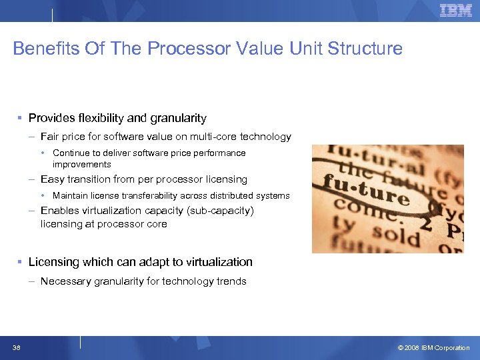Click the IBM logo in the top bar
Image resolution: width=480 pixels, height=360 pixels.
(x=455, y=10)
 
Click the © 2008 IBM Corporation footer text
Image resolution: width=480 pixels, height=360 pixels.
(x=433, y=348)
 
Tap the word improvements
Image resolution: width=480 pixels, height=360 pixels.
(x=82, y=164)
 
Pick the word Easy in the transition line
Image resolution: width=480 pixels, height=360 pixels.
(x=52, y=179)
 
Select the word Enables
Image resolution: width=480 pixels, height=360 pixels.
(x=59, y=211)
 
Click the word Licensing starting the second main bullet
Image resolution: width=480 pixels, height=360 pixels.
(x=53, y=262)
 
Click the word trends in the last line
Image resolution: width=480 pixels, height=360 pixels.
(x=231, y=281)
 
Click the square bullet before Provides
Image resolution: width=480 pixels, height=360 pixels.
(x=20, y=118)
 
